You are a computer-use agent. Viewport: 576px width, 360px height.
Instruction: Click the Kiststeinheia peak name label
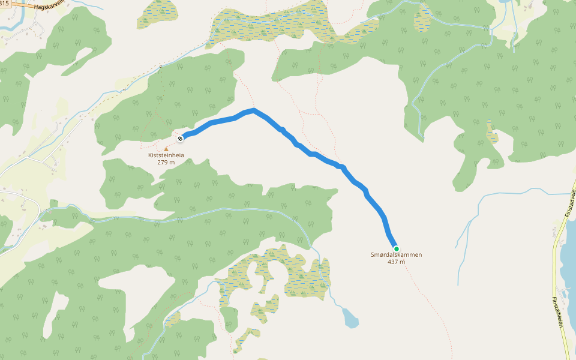(x=166, y=155)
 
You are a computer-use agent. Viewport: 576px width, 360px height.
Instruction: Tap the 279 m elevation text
(x=166, y=162)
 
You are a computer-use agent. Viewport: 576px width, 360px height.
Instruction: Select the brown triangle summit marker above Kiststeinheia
(x=166, y=149)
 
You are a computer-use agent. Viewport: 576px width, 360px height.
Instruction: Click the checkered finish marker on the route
(x=180, y=139)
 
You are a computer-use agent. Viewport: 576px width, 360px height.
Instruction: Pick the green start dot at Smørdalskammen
(x=396, y=248)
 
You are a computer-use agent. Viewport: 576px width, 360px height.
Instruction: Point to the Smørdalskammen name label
(x=396, y=255)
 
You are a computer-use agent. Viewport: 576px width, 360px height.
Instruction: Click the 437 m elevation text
(x=396, y=262)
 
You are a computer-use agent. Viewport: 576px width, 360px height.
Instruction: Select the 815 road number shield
(x=4, y=4)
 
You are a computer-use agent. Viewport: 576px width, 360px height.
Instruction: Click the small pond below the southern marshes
(x=350, y=317)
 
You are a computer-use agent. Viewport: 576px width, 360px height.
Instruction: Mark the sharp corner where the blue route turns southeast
(x=254, y=110)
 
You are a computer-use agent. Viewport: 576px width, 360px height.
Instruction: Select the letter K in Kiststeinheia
(x=151, y=155)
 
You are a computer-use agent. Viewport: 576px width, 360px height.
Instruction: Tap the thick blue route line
(x=324, y=159)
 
